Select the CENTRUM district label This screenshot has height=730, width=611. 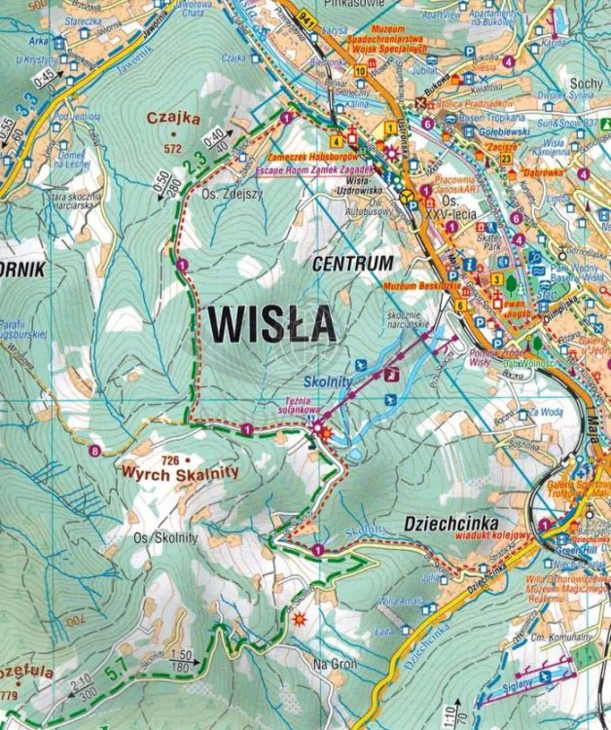pyautogui.click(x=353, y=263)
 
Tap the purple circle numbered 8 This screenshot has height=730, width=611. pyautogui.click(x=94, y=450)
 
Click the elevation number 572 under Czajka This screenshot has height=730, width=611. pyautogui.click(x=173, y=149)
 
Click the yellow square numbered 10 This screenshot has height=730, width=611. pyautogui.click(x=360, y=71)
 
